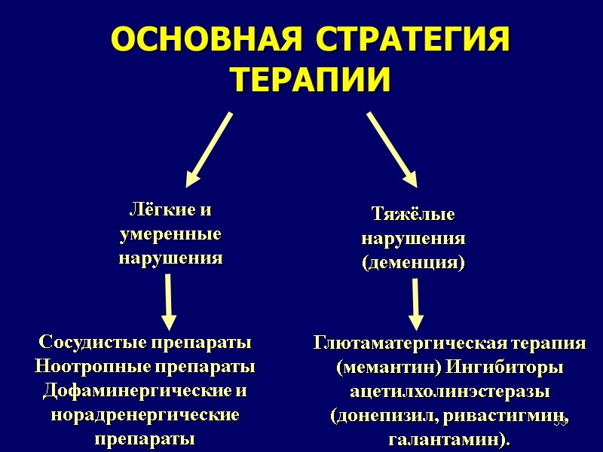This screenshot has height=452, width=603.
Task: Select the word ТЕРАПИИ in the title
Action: click(x=310, y=80)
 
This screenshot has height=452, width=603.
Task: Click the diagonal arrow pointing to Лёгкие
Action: click(x=209, y=148)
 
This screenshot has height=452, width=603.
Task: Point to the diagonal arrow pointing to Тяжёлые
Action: click(x=391, y=148)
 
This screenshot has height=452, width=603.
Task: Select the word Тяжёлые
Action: click(x=413, y=215)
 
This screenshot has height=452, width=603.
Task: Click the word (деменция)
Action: click(x=413, y=263)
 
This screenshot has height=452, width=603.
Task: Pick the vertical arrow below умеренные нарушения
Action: click(x=169, y=302)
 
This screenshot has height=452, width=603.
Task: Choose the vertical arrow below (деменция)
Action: click(x=416, y=305)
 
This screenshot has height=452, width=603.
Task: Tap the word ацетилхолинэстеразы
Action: click(x=449, y=392)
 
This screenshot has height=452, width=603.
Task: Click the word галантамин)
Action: click(x=448, y=438)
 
